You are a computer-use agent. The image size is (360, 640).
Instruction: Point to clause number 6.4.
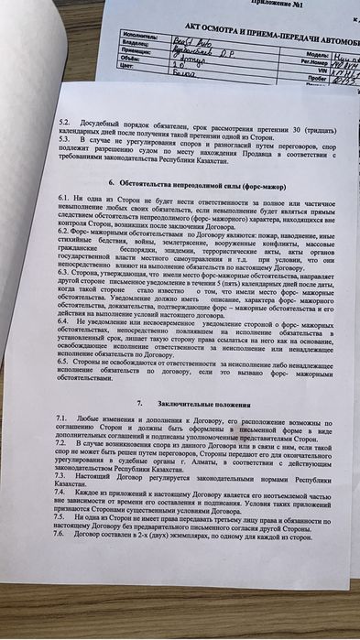pyautogui.click(x=62, y=323)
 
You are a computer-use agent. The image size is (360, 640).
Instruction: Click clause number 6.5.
pyautogui.click(x=62, y=360)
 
